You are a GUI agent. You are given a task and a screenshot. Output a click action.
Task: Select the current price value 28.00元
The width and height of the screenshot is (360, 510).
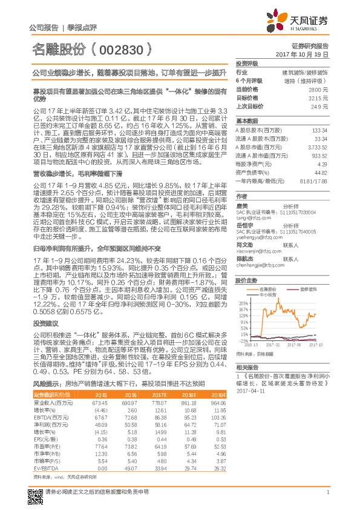pos(320,89)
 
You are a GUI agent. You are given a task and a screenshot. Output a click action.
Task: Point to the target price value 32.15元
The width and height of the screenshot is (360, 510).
pos(320,97)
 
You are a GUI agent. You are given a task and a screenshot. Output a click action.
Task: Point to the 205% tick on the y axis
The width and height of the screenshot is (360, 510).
pos(243,303)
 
